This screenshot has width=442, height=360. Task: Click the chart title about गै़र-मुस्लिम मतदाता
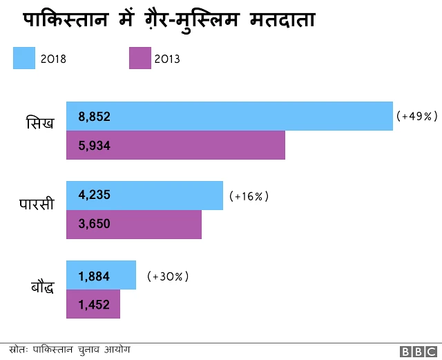pos(169,20)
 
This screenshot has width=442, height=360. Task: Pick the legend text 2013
pos(168,59)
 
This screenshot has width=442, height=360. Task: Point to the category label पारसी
pos(36,205)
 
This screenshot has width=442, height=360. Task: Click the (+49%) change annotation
pos(417,117)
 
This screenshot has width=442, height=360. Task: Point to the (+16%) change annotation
pos(249,196)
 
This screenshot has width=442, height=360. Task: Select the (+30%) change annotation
pos(168,276)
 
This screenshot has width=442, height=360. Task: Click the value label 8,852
pos(95,117)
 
